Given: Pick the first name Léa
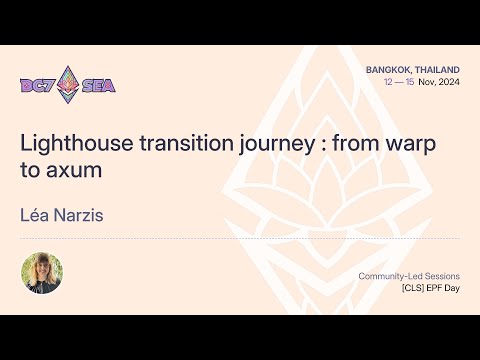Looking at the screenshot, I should click(x=37, y=215).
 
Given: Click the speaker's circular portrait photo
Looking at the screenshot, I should click(x=42, y=273).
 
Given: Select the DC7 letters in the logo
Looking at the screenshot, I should click(x=38, y=85).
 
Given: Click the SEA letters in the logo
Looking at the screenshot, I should click(x=99, y=85).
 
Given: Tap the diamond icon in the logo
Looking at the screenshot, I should click(x=69, y=85).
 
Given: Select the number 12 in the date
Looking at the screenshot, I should click(x=388, y=81).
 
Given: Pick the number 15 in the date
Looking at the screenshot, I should click(x=411, y=81).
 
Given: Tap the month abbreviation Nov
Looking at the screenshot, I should click(x=426, y=81).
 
